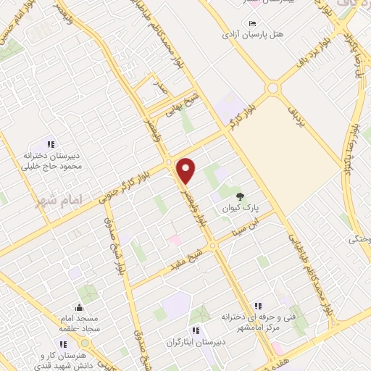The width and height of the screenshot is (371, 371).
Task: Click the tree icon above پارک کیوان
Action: [240, 196]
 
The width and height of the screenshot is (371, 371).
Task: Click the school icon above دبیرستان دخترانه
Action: [51, 143]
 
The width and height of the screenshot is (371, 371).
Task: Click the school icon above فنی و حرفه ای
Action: [258, 306]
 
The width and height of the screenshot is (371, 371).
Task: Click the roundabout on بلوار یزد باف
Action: [273, 89]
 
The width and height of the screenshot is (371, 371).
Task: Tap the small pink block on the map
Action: [175, 239]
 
